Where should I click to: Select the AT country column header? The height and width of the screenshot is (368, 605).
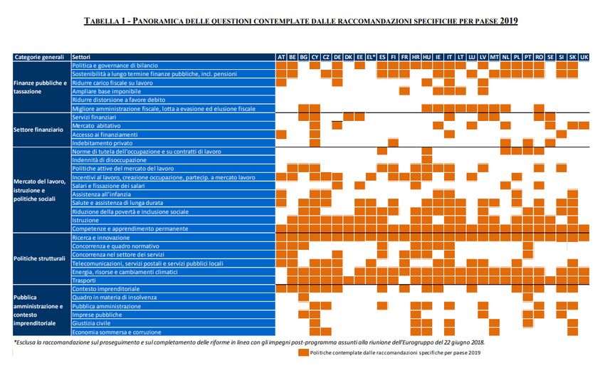(281, 57)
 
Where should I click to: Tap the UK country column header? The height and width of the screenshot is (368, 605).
(584, 57)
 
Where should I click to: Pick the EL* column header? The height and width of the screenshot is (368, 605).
(371, 57)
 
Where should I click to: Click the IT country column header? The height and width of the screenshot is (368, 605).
(450, 57)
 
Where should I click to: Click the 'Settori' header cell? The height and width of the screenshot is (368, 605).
(85, 57)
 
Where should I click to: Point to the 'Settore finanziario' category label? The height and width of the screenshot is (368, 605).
(39, 130)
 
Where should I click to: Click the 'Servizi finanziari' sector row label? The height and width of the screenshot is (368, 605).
(98, 117)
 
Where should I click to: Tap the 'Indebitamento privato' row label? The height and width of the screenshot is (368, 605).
(103, 143)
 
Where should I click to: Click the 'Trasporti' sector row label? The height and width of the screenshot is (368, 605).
(85, 280)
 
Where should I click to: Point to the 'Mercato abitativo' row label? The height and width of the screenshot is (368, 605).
(98, 125)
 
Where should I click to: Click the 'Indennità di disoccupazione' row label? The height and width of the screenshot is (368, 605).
(110, 160)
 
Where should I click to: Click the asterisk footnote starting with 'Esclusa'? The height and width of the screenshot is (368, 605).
(249, 342)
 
